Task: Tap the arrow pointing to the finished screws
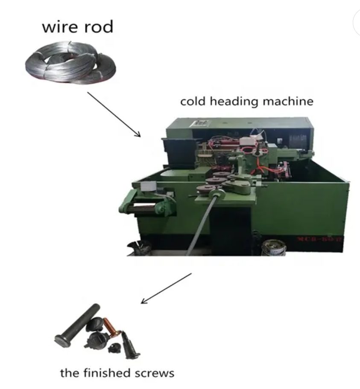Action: (166, 288)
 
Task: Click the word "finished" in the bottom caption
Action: (103, 373)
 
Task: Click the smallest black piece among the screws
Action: (113, 349)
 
